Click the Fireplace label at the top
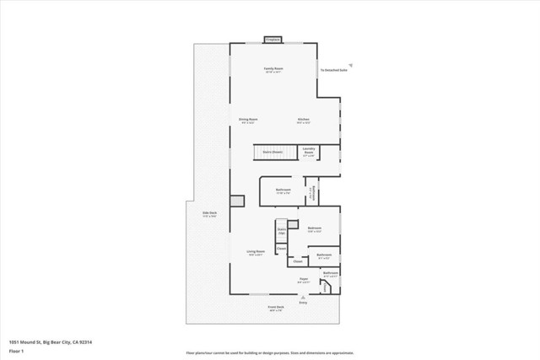tap(273, 39)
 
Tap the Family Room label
tap(273, 69)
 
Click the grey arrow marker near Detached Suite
tap(351, 62)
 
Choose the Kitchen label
tap(304, 121)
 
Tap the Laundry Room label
tap(309, 153)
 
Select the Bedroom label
tap(315, 229)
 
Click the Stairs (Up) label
tap(282, 229)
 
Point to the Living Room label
tap(256, 253)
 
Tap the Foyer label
tap(304, 279)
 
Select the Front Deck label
tap(276, 308)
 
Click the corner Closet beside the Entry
tap(326, 287)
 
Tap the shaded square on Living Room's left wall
tap(237, 201)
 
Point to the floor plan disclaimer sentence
tap(269, 352)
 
